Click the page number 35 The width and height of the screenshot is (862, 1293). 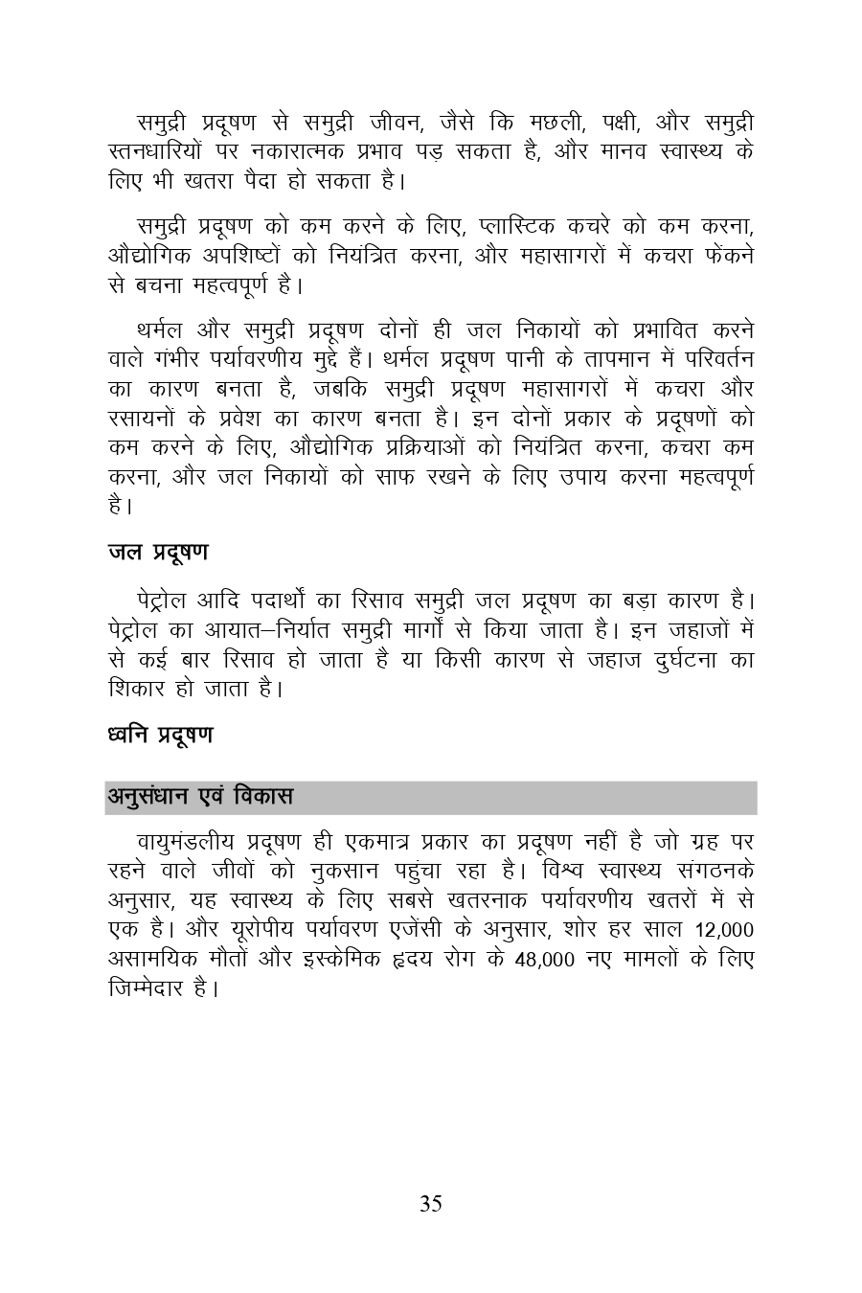430,1204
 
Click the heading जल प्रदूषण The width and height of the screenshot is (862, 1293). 158,553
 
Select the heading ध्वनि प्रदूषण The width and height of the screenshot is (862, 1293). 161,735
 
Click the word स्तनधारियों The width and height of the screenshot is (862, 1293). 160,151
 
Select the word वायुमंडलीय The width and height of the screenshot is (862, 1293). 187,843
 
